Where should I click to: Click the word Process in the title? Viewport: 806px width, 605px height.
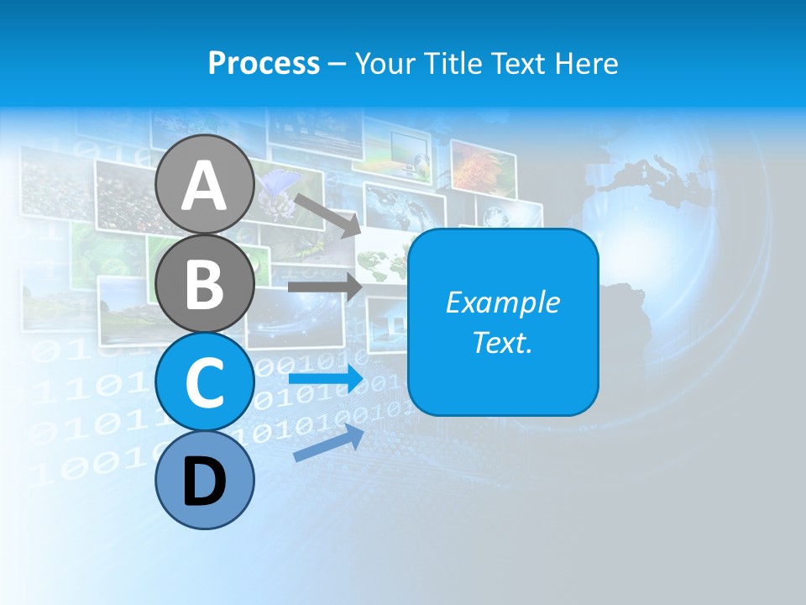point(264,63)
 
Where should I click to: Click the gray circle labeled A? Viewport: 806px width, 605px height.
point(205,185)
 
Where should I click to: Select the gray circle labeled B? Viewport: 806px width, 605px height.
point(205,283)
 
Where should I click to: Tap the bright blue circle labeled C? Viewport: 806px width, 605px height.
point(205,381)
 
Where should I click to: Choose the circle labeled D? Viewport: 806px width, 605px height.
point(205,481)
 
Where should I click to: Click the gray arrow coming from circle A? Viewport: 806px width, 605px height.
point(327,215)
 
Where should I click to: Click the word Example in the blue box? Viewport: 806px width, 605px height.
point(502,302)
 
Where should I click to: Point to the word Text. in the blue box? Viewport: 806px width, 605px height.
point(502,342)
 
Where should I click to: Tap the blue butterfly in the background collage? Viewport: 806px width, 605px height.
point(280,183)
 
